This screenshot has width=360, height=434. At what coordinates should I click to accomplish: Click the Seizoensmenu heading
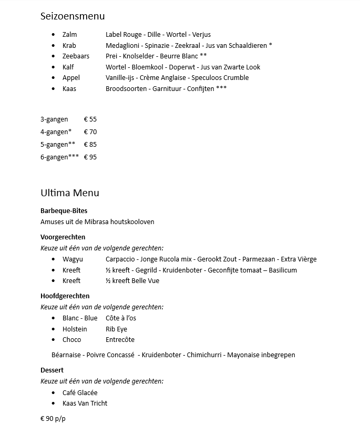coord(73,16)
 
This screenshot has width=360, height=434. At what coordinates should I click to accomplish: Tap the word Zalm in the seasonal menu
coord(69,35)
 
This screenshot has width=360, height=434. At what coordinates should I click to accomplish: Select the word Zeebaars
coord(76,56)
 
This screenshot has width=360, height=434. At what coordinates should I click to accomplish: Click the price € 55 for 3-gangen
coord(90,119)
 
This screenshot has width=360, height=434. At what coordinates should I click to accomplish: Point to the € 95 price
coord(90,157)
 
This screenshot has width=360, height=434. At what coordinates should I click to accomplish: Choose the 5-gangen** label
coord(58,145)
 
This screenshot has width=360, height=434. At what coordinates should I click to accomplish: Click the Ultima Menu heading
coord(69,193)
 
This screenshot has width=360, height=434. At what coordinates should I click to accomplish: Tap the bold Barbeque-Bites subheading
coord(64,211)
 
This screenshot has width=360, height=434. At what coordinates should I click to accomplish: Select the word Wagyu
coord(73,259)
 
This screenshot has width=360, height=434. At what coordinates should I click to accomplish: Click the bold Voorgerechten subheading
coord(63,237)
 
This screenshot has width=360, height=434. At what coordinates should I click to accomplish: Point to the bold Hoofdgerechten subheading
coord(65,296)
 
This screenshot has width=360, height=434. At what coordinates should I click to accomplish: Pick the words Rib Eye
coord(116,329)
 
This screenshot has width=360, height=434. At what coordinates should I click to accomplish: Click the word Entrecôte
coord(120,340)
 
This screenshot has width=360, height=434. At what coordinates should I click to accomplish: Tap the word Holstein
coord(75,329)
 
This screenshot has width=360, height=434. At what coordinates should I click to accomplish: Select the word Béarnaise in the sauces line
coord(67,355)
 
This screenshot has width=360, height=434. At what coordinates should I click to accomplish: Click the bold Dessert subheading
coord(52,370)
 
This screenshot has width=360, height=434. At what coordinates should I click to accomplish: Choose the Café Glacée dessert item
coord(80,393)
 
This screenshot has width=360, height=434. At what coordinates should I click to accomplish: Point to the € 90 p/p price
coord(53,419)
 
